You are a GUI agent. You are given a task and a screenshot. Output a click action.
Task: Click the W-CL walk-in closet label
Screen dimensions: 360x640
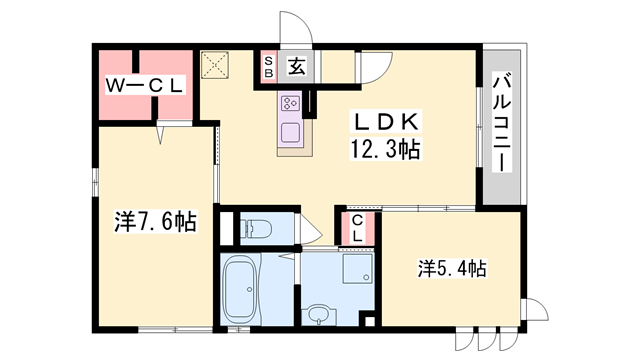click(x=145, y=86)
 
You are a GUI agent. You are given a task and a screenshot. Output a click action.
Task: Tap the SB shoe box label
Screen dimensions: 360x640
click(x=269, y=67)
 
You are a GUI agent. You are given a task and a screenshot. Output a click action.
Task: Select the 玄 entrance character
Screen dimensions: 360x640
click(x=298, y=67)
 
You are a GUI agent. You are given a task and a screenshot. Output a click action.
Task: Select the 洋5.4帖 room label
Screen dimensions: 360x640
click(x=452, y=268)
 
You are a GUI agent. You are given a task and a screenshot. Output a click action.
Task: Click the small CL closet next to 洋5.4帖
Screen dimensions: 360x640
click(x=357, y=229)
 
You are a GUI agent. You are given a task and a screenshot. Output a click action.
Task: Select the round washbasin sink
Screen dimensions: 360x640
click(x=318, y=314)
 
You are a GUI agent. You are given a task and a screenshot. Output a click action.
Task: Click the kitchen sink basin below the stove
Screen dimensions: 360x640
click(x=291, y=131)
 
